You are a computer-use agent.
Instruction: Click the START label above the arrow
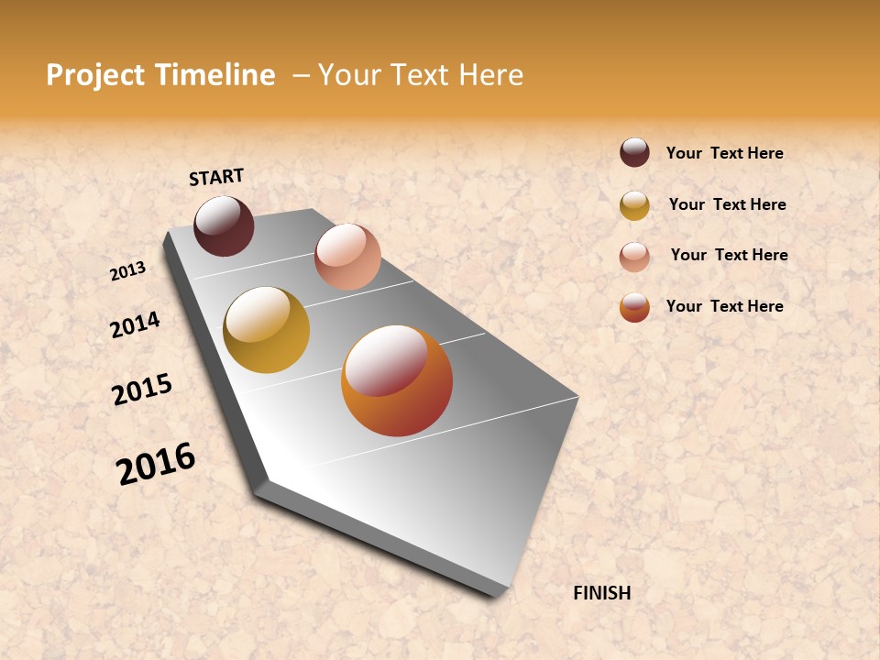click(x=216, y=176)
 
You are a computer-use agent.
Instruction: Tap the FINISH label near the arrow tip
click(x=601, y=593)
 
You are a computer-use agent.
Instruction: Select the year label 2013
click(x=127, y=271)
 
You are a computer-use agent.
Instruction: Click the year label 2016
click(x=156, y=464)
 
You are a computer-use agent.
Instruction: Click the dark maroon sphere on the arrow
click(x=224, y=225)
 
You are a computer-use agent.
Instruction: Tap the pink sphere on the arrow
click(x=347, y=257)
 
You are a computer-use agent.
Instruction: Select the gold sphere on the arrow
click(x=266, y=330)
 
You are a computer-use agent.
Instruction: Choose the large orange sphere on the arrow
click(x=397, y=380)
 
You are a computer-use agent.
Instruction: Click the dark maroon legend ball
click(x=634, y=152)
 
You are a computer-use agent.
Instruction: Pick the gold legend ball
click(x=634, y=205)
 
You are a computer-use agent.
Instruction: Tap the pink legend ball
click(x=634, y=257)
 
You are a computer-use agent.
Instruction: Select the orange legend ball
click(x=634, y=307)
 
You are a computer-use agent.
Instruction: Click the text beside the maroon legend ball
click(x=724, y=153)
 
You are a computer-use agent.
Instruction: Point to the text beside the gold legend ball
click(x=727, y=204)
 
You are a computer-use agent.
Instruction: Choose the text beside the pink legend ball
click(x=729, y=255)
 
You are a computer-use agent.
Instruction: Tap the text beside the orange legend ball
click(x=724, y=306)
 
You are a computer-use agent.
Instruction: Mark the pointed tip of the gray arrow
click(x=500, y=594)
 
